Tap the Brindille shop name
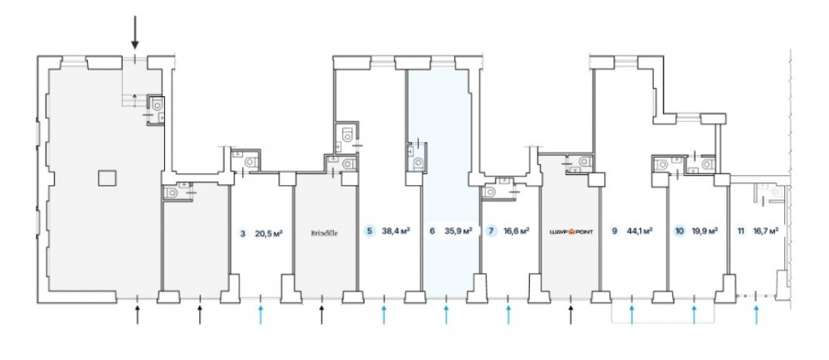[x=327, y=233]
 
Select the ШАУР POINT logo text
[x=570, y=233]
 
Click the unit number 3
[x=242, y=233]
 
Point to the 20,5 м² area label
[x=269, y=233]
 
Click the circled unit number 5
[x=369, y=233]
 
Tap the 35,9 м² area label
[x=458, y=233]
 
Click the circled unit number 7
[x=492, y=233]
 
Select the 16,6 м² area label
[x=516, y=233]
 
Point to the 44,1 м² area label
[x=639, y=233]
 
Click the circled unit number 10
[x=680, y=233]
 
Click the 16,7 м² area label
[x=765, y=233]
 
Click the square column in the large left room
[x=105, y=178]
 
